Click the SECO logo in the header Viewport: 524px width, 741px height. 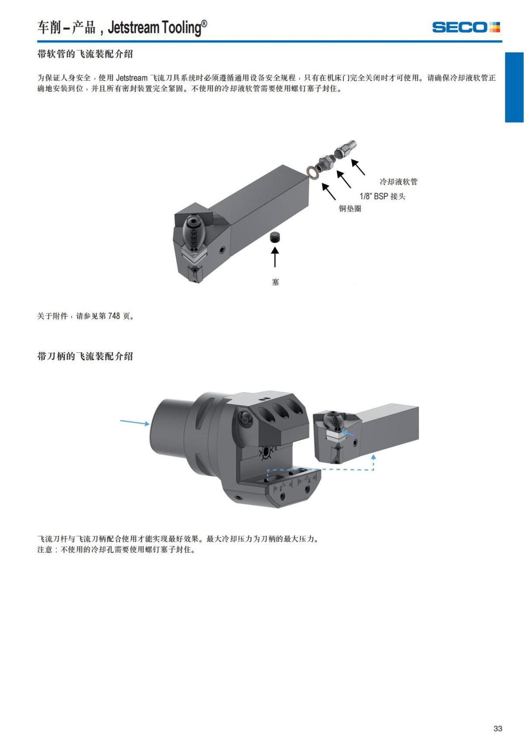click(x=465, y=27)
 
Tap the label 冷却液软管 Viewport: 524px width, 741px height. click(x=398, y=182)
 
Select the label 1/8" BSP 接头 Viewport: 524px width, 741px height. click(x=383, y=196)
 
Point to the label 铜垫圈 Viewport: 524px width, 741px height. click(x=350, y=209)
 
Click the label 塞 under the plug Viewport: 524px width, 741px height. click(x=275, y=282)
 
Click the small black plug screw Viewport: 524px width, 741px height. click(x=275, y=238)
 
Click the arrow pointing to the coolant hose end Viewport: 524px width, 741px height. click(x=358, y=167)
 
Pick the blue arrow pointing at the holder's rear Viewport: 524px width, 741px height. click(x=135, y=422)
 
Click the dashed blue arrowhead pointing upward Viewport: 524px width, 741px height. click(x=373, y=457)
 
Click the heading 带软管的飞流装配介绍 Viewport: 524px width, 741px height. click(x=85, y=54)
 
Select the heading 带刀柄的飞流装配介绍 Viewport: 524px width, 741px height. click(x=85, y=356)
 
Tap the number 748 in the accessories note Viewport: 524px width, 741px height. click(x=114, y=316)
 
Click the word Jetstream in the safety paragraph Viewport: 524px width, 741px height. click(x=131, y=78)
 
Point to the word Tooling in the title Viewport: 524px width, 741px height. click(x=181, y=28)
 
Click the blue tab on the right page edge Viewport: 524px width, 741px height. click(x=514, y=87)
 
